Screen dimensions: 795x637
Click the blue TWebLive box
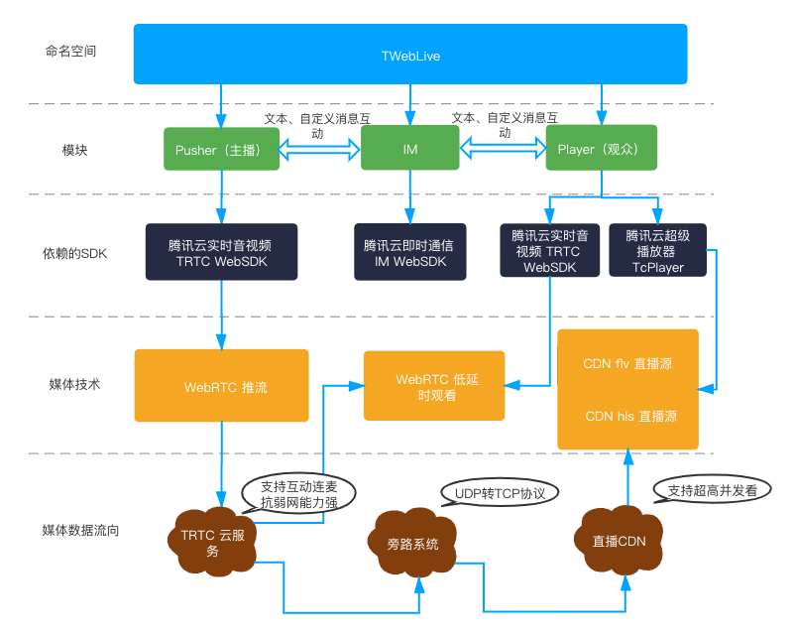(410, 54)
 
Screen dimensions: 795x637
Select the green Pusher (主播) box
(222, 149)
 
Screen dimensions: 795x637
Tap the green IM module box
(410, 148)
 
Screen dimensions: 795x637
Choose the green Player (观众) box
(602, 148)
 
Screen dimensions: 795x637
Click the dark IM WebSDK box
(410, 252)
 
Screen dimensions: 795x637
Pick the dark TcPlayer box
(657, 250)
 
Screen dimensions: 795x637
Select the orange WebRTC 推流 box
(222, 385)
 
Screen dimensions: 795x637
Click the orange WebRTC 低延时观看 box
(434, 386)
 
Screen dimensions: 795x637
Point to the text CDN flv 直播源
(627, 363)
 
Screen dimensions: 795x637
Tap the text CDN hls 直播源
(630, 416)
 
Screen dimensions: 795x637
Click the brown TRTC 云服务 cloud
(212, 542)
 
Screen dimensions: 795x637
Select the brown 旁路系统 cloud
(412, 543)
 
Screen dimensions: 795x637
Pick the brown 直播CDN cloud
(619, 541)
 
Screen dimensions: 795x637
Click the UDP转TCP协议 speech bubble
(500, 493)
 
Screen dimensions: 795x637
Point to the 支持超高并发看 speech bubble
(712, 490)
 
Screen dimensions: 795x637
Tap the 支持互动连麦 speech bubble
(298, 494)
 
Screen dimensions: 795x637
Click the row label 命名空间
(70, 51)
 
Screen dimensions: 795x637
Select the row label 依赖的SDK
(74, 253)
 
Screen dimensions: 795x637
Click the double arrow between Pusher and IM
(320, 150)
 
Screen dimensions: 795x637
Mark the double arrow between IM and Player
(503, 148)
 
